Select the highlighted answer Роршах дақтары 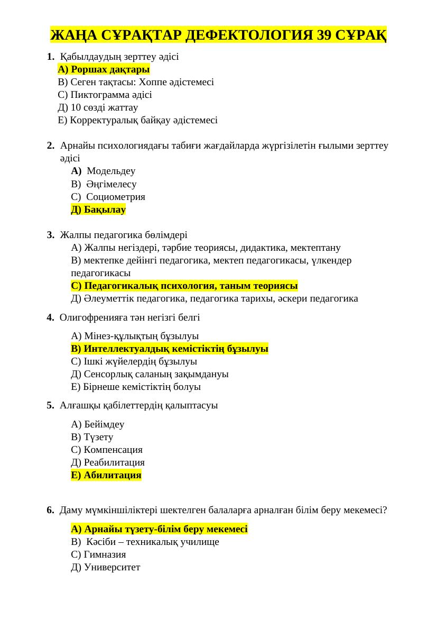pos(104,70)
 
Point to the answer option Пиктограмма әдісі pos(105,95)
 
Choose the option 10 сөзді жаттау pos(98,108)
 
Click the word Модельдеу pos(111,171)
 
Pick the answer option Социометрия pos(115,197)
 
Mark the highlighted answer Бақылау pos(98,210)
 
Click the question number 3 pos(50,235)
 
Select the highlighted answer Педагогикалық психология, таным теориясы pos(184,286)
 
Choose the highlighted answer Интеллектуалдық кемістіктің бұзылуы pos(170,349)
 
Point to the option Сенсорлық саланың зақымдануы pos(150,374)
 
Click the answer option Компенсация pos(107,450)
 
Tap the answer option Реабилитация pos(108,462)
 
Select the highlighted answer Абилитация pos(106,475)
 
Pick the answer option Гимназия pos(98,554)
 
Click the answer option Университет pos(105,567)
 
